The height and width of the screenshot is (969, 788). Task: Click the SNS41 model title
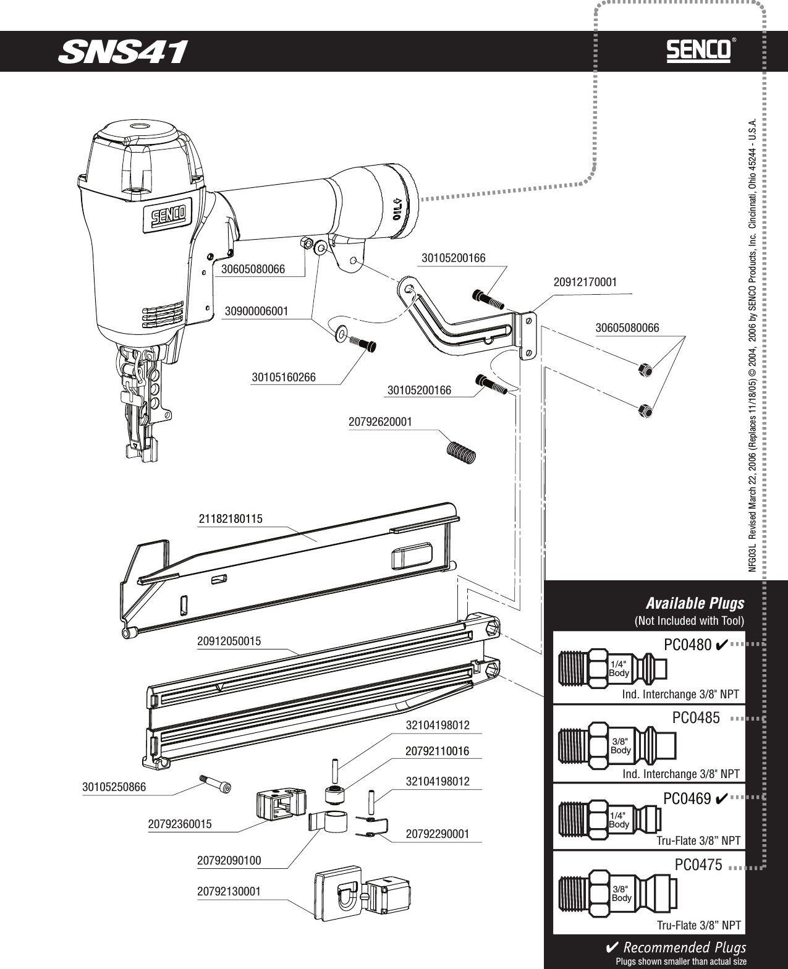[122, 52]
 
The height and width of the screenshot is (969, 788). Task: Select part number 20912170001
[585, 282]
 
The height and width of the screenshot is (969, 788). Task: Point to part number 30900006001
[256, 311]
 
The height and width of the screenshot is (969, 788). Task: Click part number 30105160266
[284, 377]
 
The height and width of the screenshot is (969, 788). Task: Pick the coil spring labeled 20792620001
[462, 451]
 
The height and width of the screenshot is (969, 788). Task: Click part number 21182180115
[231, 519]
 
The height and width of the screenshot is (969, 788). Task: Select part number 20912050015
[229, 641]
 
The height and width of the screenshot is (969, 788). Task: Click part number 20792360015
[180, 824]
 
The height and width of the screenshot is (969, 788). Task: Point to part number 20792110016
[437, 751]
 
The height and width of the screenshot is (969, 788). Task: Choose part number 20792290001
[437, 834]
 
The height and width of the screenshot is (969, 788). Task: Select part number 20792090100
[229, 860]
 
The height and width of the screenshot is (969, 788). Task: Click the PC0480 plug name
[687, 645]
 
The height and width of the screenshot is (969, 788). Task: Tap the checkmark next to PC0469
[720, 798]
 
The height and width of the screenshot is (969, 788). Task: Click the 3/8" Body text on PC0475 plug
[622, 893]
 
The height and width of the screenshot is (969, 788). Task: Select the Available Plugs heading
[695, 603]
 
